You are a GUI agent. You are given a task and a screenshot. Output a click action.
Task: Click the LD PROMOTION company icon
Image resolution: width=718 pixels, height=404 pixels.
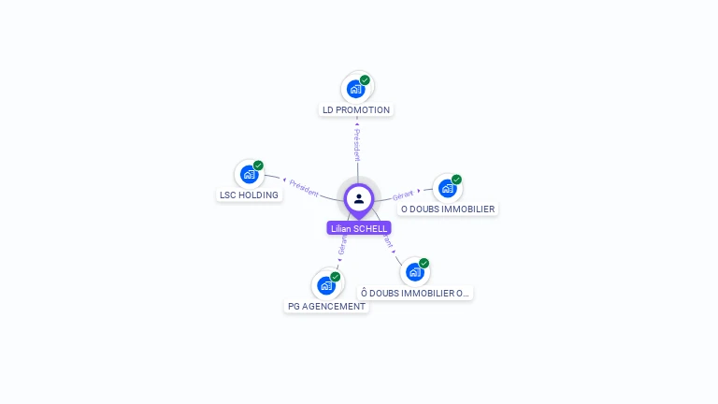pos(355,89)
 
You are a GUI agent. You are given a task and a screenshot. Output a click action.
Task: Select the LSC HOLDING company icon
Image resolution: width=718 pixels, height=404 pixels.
pos(249,174)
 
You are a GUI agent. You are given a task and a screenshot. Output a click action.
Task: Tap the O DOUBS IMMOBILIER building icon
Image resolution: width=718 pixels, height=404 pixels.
pos(447,188)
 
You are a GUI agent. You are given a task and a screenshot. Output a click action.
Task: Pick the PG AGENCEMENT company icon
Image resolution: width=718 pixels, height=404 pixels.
pos(325,285)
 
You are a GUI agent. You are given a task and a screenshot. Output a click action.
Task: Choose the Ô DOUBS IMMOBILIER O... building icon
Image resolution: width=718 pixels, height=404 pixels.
pos(414,272)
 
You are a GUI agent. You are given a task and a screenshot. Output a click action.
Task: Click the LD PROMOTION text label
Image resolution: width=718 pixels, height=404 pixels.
pos(355,109)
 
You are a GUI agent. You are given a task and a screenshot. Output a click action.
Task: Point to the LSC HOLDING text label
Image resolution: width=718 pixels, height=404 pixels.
pos(249,195)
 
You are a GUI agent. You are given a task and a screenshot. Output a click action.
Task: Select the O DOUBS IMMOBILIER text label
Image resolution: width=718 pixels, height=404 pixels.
pos(448,209)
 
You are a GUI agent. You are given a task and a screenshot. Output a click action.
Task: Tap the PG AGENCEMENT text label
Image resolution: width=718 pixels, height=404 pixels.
pos(326,306)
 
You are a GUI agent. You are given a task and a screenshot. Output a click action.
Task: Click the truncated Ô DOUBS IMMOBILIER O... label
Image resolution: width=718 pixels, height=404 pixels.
pos(415,293)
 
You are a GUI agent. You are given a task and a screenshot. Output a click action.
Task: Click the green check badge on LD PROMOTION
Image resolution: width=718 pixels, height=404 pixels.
pos(365,80)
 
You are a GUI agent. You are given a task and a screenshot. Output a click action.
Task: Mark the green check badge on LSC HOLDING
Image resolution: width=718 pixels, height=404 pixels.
pos(258,166)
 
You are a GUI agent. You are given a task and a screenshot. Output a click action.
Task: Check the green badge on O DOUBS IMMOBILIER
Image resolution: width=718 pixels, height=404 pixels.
pos(456,180)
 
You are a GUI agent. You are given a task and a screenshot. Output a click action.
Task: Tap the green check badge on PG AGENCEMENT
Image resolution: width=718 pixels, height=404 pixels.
pos(335,277)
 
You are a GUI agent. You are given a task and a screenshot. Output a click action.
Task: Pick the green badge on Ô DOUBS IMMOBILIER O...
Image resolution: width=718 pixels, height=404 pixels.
pos(424,264)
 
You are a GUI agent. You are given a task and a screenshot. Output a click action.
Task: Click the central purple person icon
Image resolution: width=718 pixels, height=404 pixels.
pos(359,198)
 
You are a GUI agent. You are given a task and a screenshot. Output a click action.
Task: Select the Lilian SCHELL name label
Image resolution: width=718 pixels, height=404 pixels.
pos(359,228)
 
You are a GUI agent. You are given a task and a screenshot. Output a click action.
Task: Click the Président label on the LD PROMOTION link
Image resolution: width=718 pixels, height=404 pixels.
pos(356,145)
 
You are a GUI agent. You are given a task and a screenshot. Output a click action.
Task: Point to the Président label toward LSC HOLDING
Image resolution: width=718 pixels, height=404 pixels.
pos(304,186)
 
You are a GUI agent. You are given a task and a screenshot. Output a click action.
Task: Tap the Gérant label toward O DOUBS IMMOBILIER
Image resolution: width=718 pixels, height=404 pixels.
pos(403,195)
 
